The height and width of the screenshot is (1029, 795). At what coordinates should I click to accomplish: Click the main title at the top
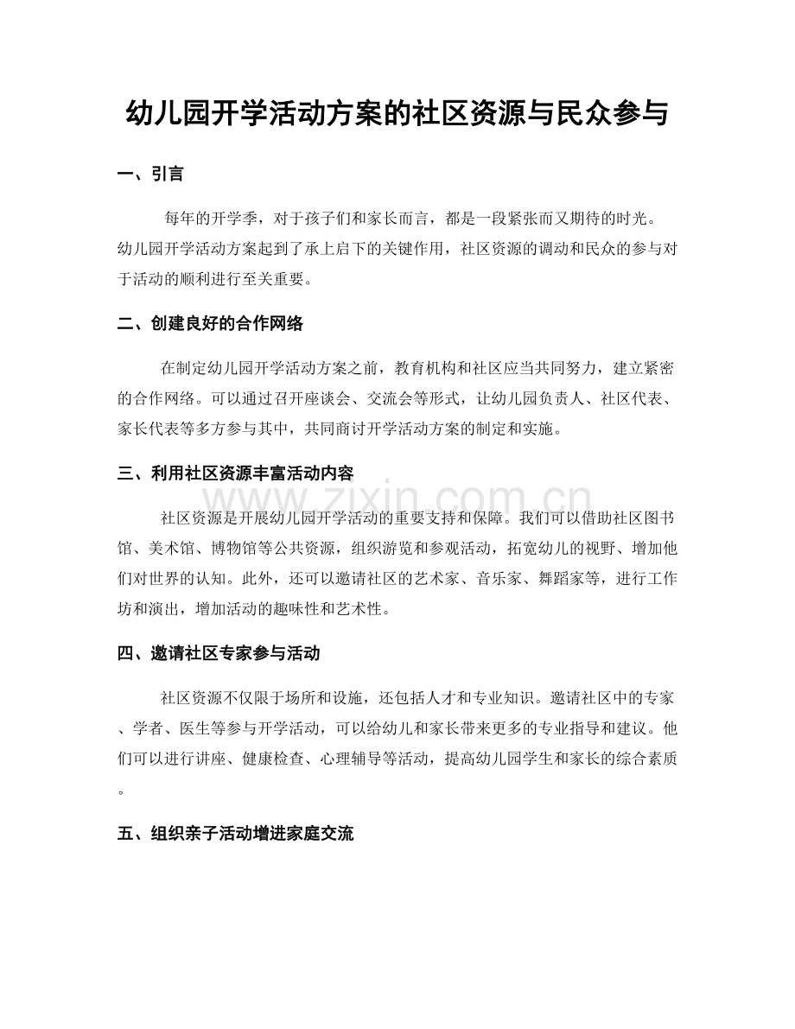397,113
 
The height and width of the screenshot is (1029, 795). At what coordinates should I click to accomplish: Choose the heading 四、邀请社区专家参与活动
218,653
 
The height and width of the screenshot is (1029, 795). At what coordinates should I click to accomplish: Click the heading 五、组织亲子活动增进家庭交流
234,834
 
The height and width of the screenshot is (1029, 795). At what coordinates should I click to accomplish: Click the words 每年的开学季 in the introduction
207,215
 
